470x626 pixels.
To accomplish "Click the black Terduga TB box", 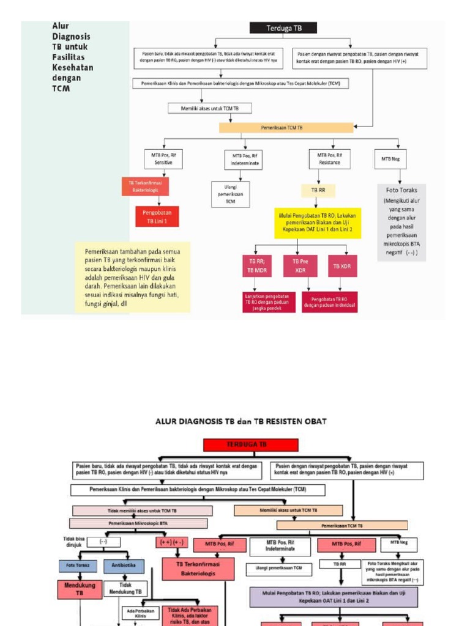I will (283, 28).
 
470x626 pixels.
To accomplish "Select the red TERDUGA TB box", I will (251, 445).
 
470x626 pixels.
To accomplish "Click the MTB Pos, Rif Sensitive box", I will (162, 158).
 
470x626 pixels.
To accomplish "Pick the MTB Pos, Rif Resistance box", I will (330, 158).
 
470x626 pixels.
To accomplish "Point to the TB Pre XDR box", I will (300, 266).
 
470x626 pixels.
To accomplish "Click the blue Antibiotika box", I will (124, 565).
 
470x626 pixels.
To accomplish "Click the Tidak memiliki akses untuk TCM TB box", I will (143, 510).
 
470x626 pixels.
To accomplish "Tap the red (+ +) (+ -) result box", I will (171, 542).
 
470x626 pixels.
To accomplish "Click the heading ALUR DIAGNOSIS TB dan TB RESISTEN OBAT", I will (241, 421).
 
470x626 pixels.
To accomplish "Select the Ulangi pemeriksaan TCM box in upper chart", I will (230, 194).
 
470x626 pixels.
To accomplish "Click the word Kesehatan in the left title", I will (72, 68).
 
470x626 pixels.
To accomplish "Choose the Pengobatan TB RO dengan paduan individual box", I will (329, 302).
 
